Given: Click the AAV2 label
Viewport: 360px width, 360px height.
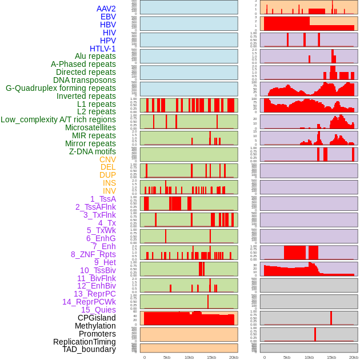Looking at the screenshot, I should pos(106,9).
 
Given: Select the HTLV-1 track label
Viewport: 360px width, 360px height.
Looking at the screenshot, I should pos(103,49).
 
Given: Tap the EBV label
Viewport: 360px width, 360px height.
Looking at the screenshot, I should pos(108,17).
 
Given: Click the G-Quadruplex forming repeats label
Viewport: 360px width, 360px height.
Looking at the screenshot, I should pos(61,88).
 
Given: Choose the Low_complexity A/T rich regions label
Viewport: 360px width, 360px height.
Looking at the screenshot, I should pos(58,119).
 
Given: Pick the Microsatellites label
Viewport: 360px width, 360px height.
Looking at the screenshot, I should pos(90,127).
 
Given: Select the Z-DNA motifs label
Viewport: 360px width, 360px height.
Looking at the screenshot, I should pos(93,151).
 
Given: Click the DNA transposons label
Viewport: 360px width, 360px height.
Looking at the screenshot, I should pos(85,80).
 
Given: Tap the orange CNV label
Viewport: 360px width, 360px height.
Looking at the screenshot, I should pos(107,159).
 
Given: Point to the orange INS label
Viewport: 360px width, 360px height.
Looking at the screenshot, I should pos(109,183).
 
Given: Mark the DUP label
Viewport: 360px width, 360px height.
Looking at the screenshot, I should pos(107,175).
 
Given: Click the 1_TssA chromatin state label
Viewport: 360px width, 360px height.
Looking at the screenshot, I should pos(103,199).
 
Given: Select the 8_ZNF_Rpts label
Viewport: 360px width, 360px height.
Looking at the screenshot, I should pos(93,254).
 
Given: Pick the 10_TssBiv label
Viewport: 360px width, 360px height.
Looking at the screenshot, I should pos(98,270).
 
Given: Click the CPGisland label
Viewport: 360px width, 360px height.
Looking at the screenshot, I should pos(97,318).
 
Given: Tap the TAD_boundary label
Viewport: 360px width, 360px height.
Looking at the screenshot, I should pos(89,349).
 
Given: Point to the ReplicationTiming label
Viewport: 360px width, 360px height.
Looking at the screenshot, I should pos(85,342).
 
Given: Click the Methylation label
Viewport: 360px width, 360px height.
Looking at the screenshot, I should pos(91,326).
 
